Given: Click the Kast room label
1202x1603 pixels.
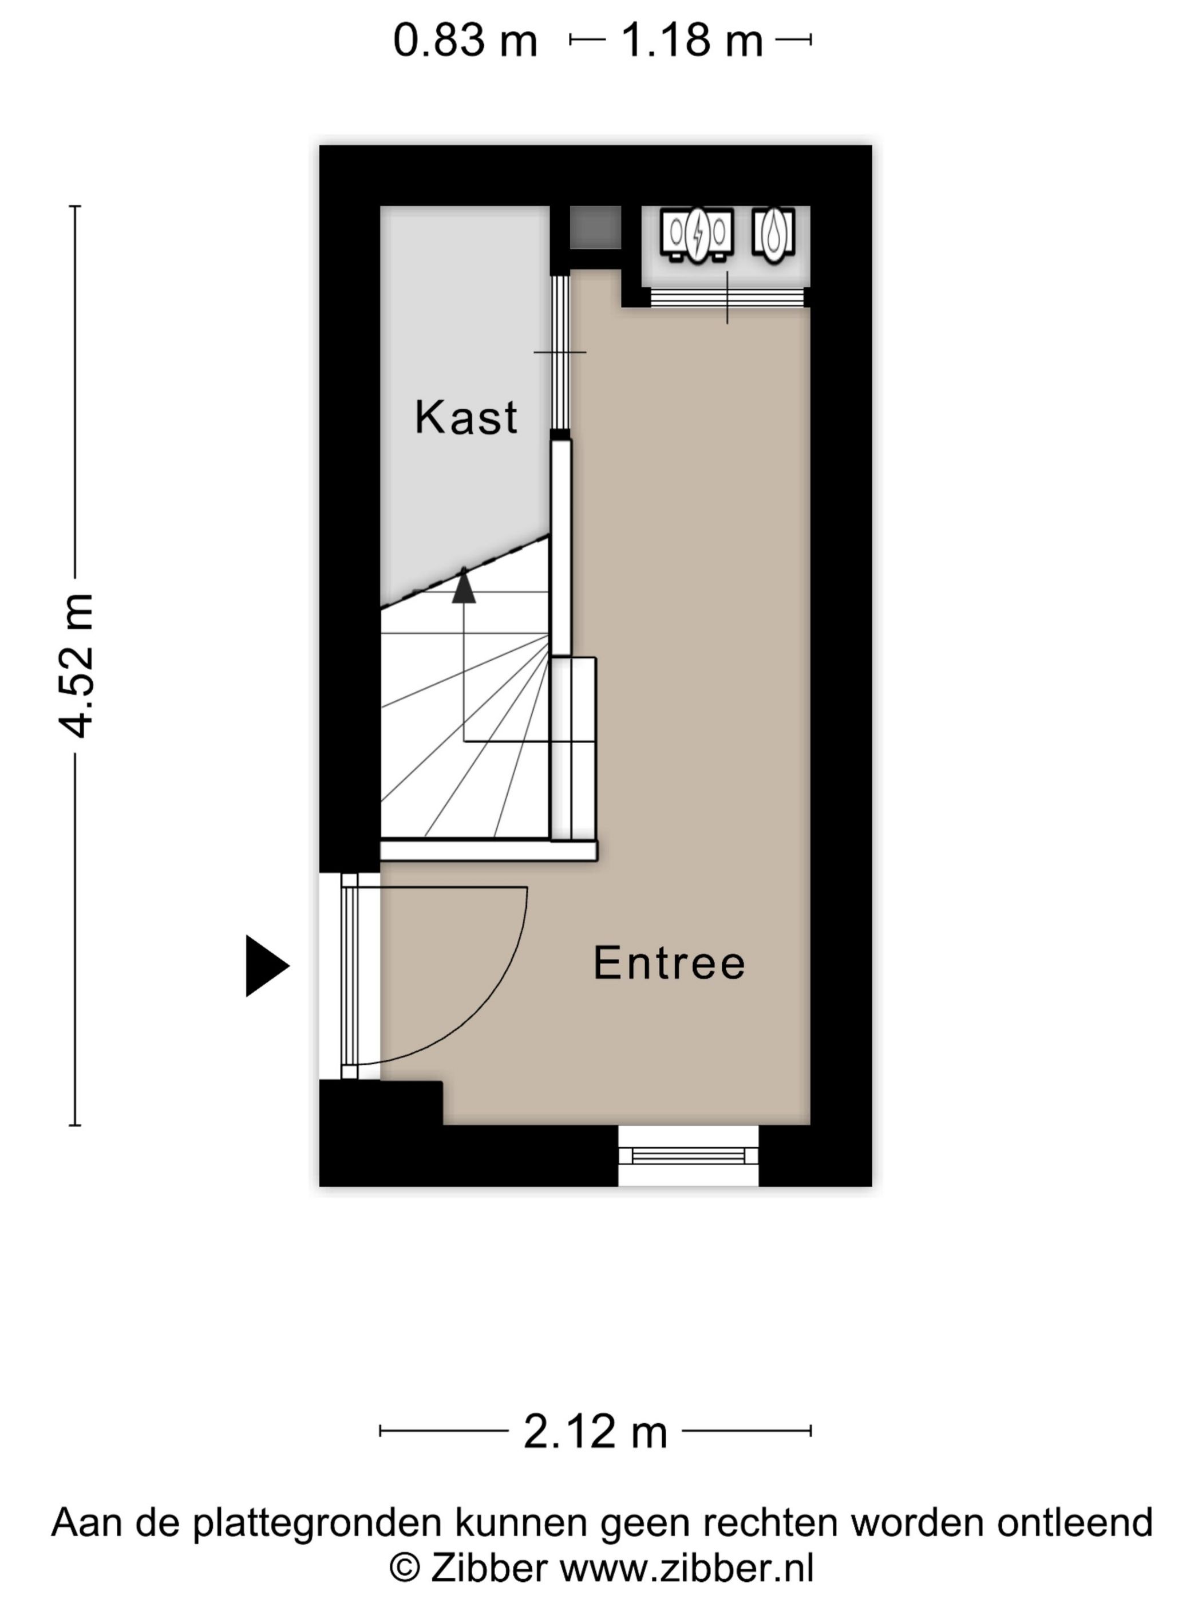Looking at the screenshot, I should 466,417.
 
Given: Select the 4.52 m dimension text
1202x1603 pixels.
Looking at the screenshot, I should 76,665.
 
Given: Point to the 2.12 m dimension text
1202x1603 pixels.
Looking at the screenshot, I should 595,1432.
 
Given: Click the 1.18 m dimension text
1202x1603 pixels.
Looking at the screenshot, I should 692,40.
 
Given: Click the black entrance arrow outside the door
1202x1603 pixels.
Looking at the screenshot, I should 265,966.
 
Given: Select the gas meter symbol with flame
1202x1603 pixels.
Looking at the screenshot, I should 773,232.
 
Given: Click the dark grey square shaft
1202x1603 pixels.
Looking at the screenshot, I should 595,227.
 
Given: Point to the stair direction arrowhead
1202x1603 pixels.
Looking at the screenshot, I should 464,587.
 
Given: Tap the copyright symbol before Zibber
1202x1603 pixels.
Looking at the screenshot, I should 405,1568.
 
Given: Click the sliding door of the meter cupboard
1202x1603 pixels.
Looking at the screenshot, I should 727,298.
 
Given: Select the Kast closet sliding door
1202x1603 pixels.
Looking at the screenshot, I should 560,353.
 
